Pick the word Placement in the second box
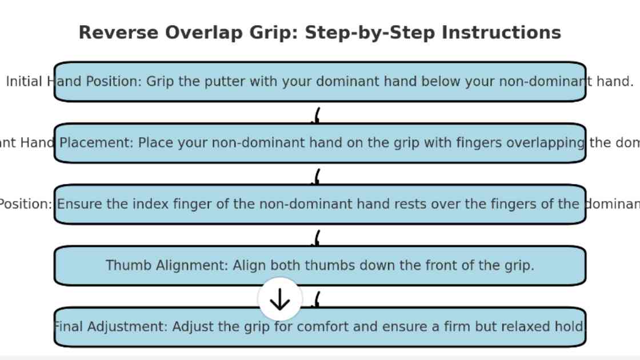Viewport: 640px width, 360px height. pos(97,143)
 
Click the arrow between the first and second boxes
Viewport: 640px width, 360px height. pos(316,116)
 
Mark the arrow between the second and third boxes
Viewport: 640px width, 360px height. pos(316,177)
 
